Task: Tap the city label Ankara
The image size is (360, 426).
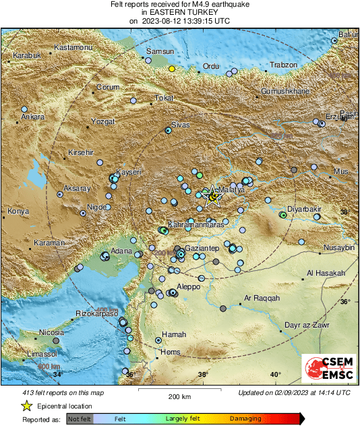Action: tap(32, 117)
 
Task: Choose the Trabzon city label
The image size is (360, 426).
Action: tap(283, 65)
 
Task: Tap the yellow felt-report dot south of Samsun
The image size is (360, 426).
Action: tap(172, 69)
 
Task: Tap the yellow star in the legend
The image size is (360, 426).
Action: tap(26, 406)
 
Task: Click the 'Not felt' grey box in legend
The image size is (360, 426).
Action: tap(79, 419)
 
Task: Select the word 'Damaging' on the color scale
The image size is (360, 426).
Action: tap(245, 419)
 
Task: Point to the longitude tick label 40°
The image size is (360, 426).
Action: tap(275, 374)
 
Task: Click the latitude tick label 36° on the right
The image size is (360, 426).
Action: tap(344, 301)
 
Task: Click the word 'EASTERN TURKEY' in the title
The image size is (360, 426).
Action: tap(179, 12)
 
